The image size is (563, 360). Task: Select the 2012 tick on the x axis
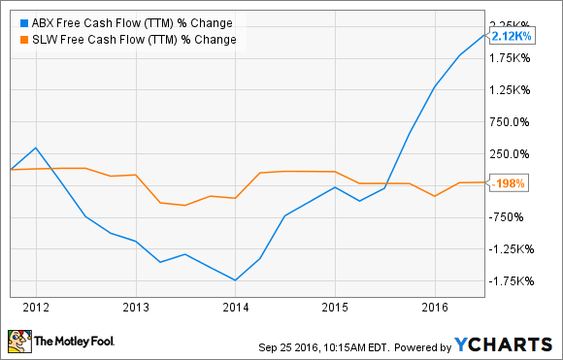[x=36, y=308]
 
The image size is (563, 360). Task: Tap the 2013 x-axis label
[x=136, y=308]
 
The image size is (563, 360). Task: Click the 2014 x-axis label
[x=236, y=308]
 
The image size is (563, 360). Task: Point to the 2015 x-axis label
[x=335, y=308]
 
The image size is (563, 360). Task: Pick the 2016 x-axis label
[x=435, y=308]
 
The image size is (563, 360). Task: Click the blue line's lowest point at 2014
[x=236, y=280]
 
